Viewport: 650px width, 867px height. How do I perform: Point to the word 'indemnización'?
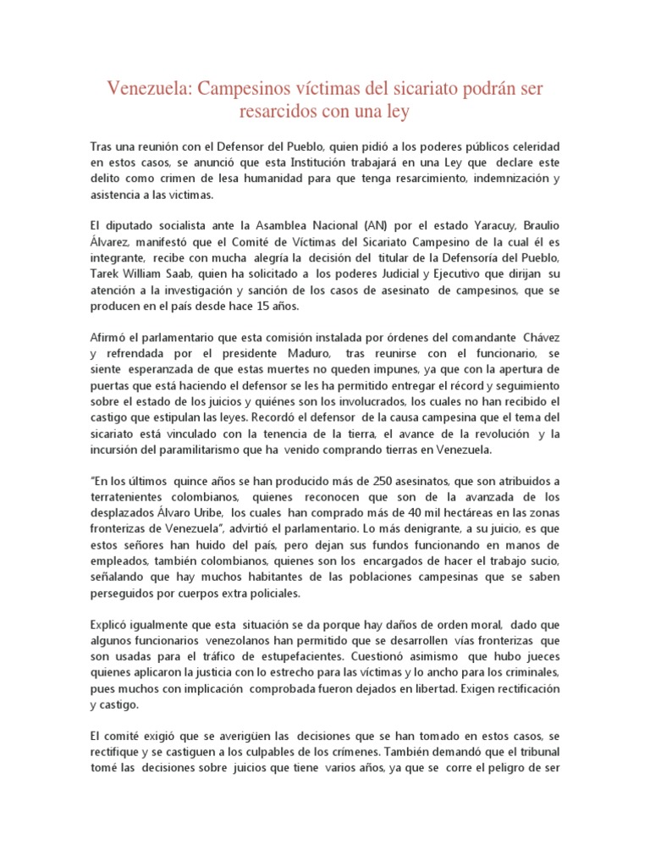tap(499, 179)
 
